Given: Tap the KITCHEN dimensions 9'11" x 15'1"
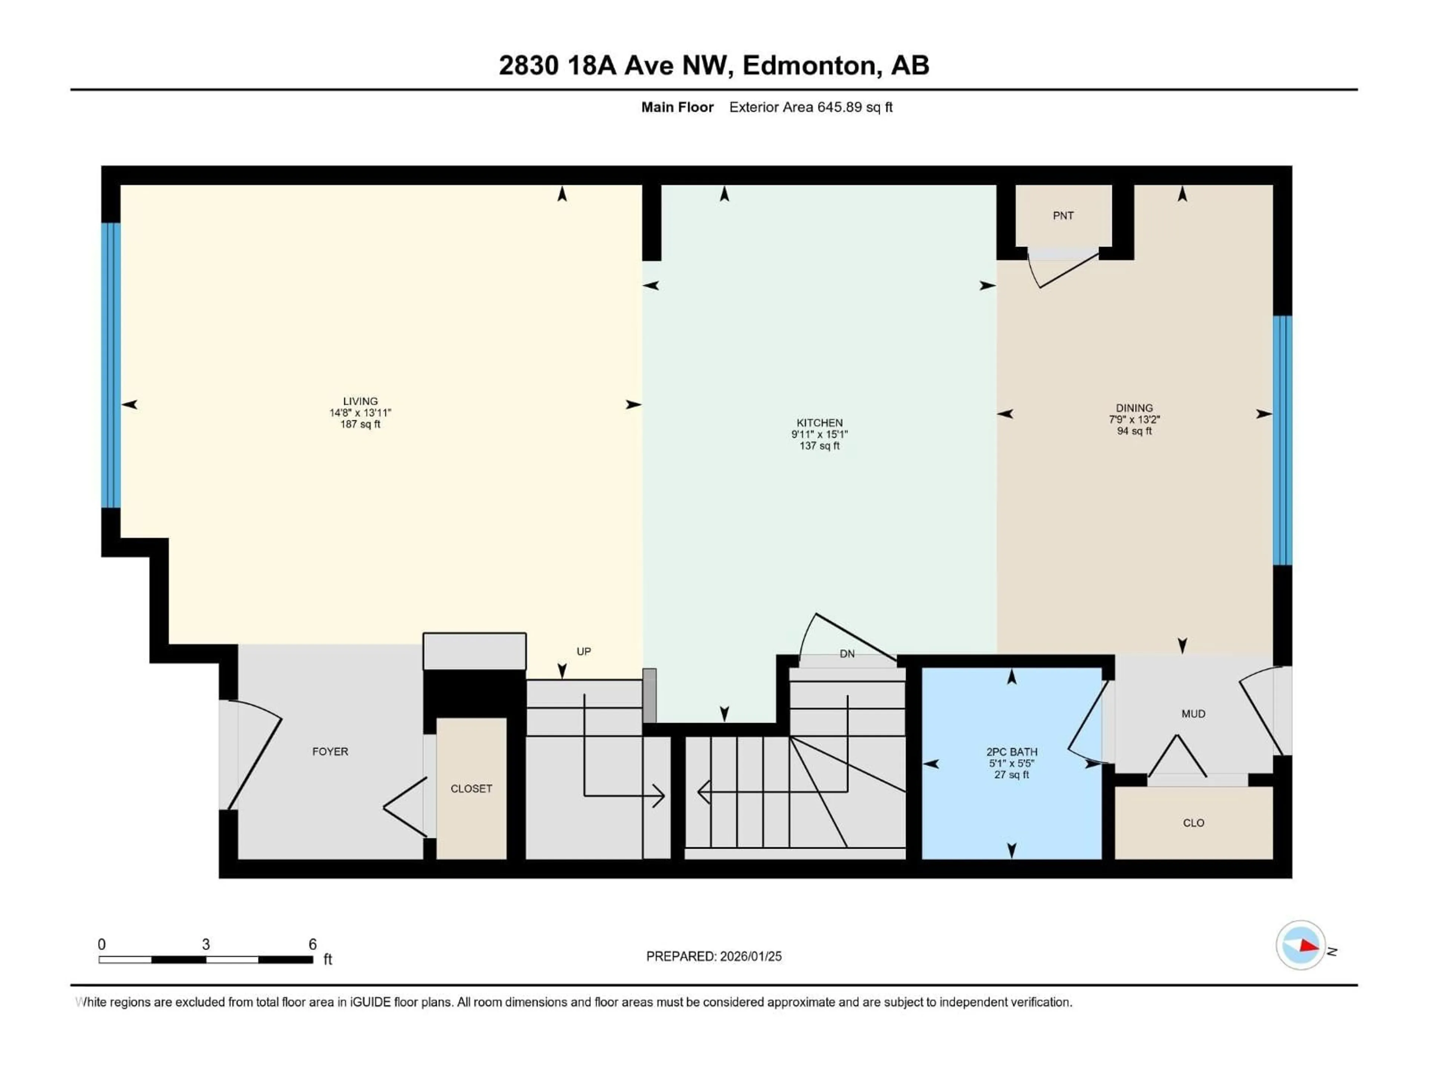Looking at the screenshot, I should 819,435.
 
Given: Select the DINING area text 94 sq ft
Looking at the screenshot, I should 1134,431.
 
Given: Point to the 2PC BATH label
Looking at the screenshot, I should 1012,752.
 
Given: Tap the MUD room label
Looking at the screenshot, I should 1193,714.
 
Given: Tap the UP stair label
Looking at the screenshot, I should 584,651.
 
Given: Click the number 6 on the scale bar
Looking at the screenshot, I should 313,944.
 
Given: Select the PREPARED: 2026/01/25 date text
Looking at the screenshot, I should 713,956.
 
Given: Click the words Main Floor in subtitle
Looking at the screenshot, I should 677,107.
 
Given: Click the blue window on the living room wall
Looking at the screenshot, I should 111,365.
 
